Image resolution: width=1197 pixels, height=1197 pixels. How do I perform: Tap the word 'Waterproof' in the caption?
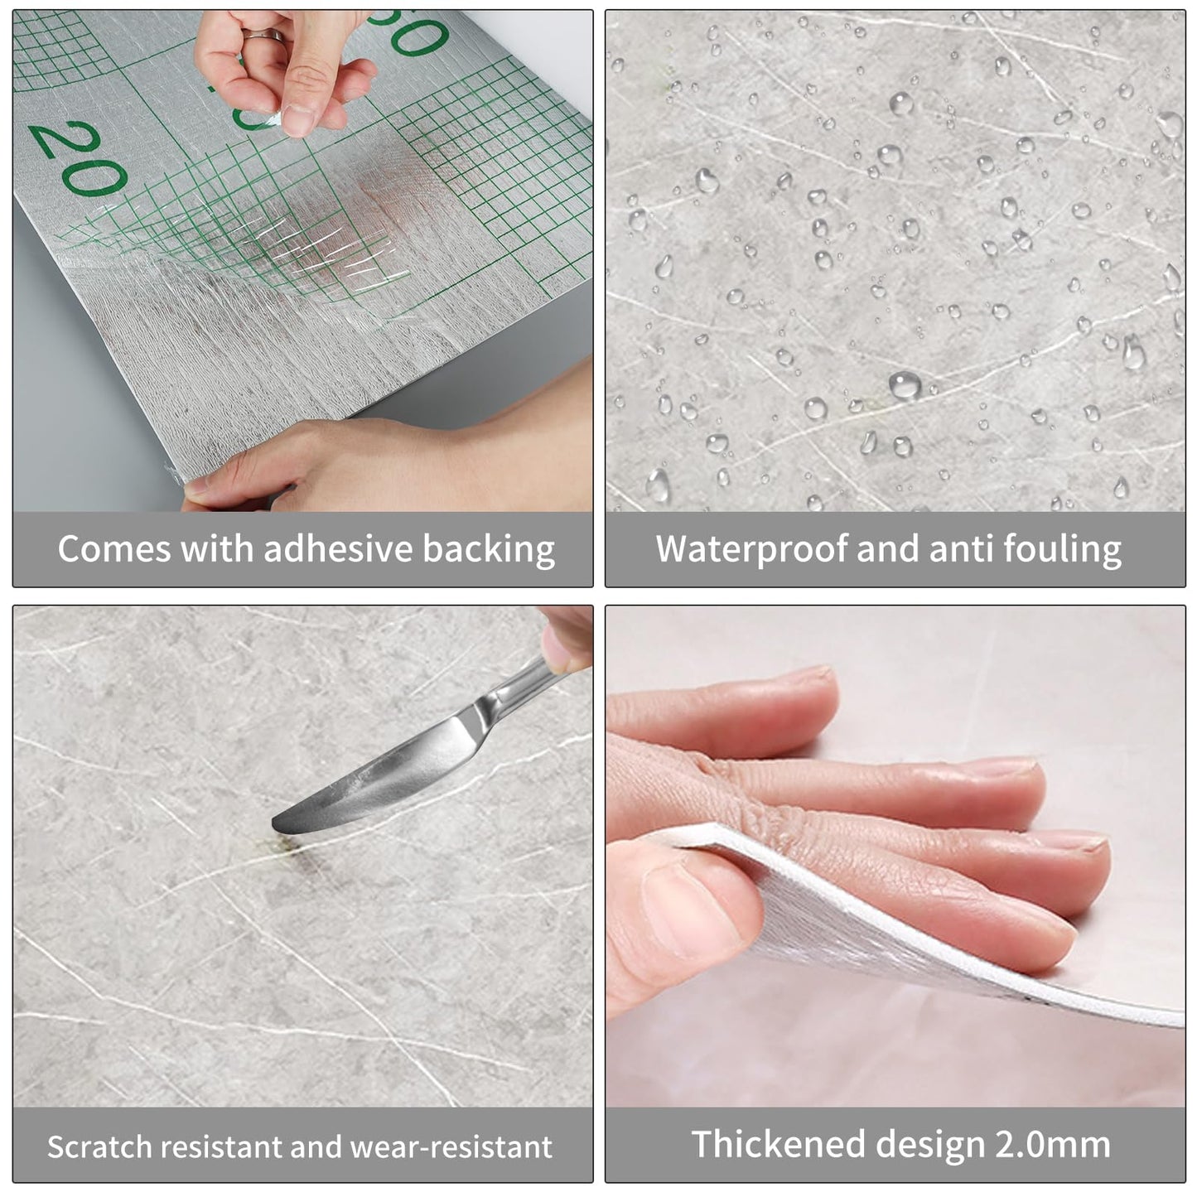[x=751, y=550]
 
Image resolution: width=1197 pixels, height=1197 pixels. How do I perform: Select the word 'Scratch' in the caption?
[x=99, y=1147]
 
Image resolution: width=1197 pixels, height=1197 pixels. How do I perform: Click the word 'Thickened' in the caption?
[x=779, y=1145]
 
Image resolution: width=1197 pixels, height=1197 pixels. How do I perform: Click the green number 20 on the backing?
[x=79, y=157]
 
